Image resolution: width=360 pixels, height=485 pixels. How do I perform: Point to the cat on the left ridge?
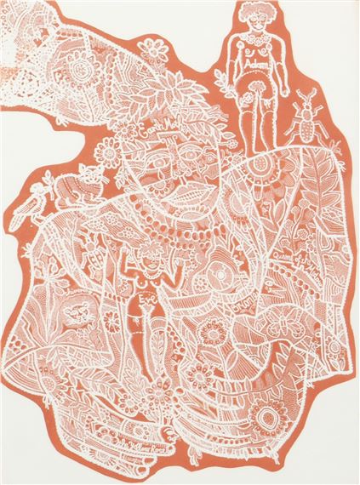(x=70, y=188)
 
